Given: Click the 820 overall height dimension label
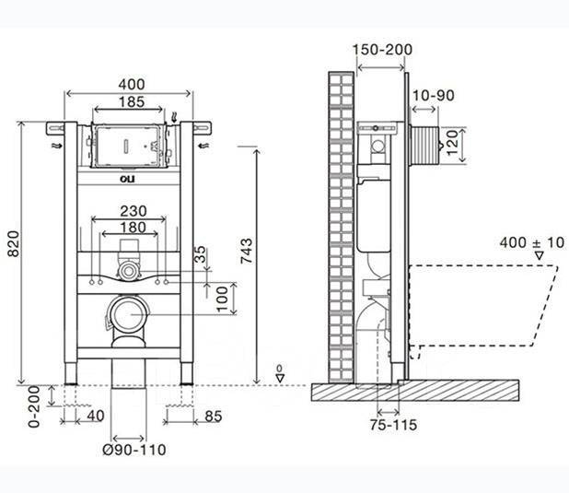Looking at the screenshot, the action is [14, 243].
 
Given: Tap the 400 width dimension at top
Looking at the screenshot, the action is [132, 84].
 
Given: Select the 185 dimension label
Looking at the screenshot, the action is [132, 102].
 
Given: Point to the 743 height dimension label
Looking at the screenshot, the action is [246, 251].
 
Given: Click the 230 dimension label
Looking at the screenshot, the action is [134, 211].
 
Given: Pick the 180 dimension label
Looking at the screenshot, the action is [133, 228].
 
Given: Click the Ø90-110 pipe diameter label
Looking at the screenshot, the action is [134, 450].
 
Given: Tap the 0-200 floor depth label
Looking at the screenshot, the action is [34, 406].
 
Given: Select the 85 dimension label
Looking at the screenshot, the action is [214, 417].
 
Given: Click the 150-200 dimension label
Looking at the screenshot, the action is [382, 50].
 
